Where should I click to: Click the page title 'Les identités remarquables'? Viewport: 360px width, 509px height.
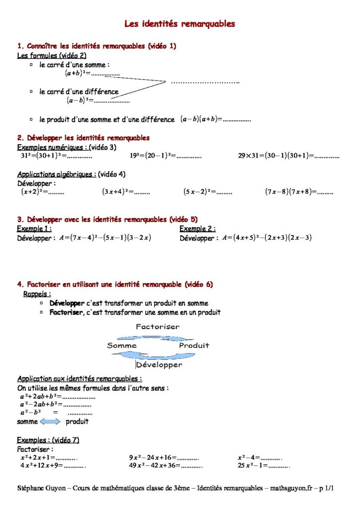tap(180, 23)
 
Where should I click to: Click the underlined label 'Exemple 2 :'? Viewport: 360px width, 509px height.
tap(197, 229)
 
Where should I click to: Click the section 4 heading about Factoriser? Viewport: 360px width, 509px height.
tap(115, 284)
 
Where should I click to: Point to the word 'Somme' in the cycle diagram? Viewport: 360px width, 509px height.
tap(122, 345)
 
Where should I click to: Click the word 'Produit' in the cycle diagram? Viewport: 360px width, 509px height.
tap(194, 345)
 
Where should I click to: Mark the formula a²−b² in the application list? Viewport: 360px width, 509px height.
tap(30, 413)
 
